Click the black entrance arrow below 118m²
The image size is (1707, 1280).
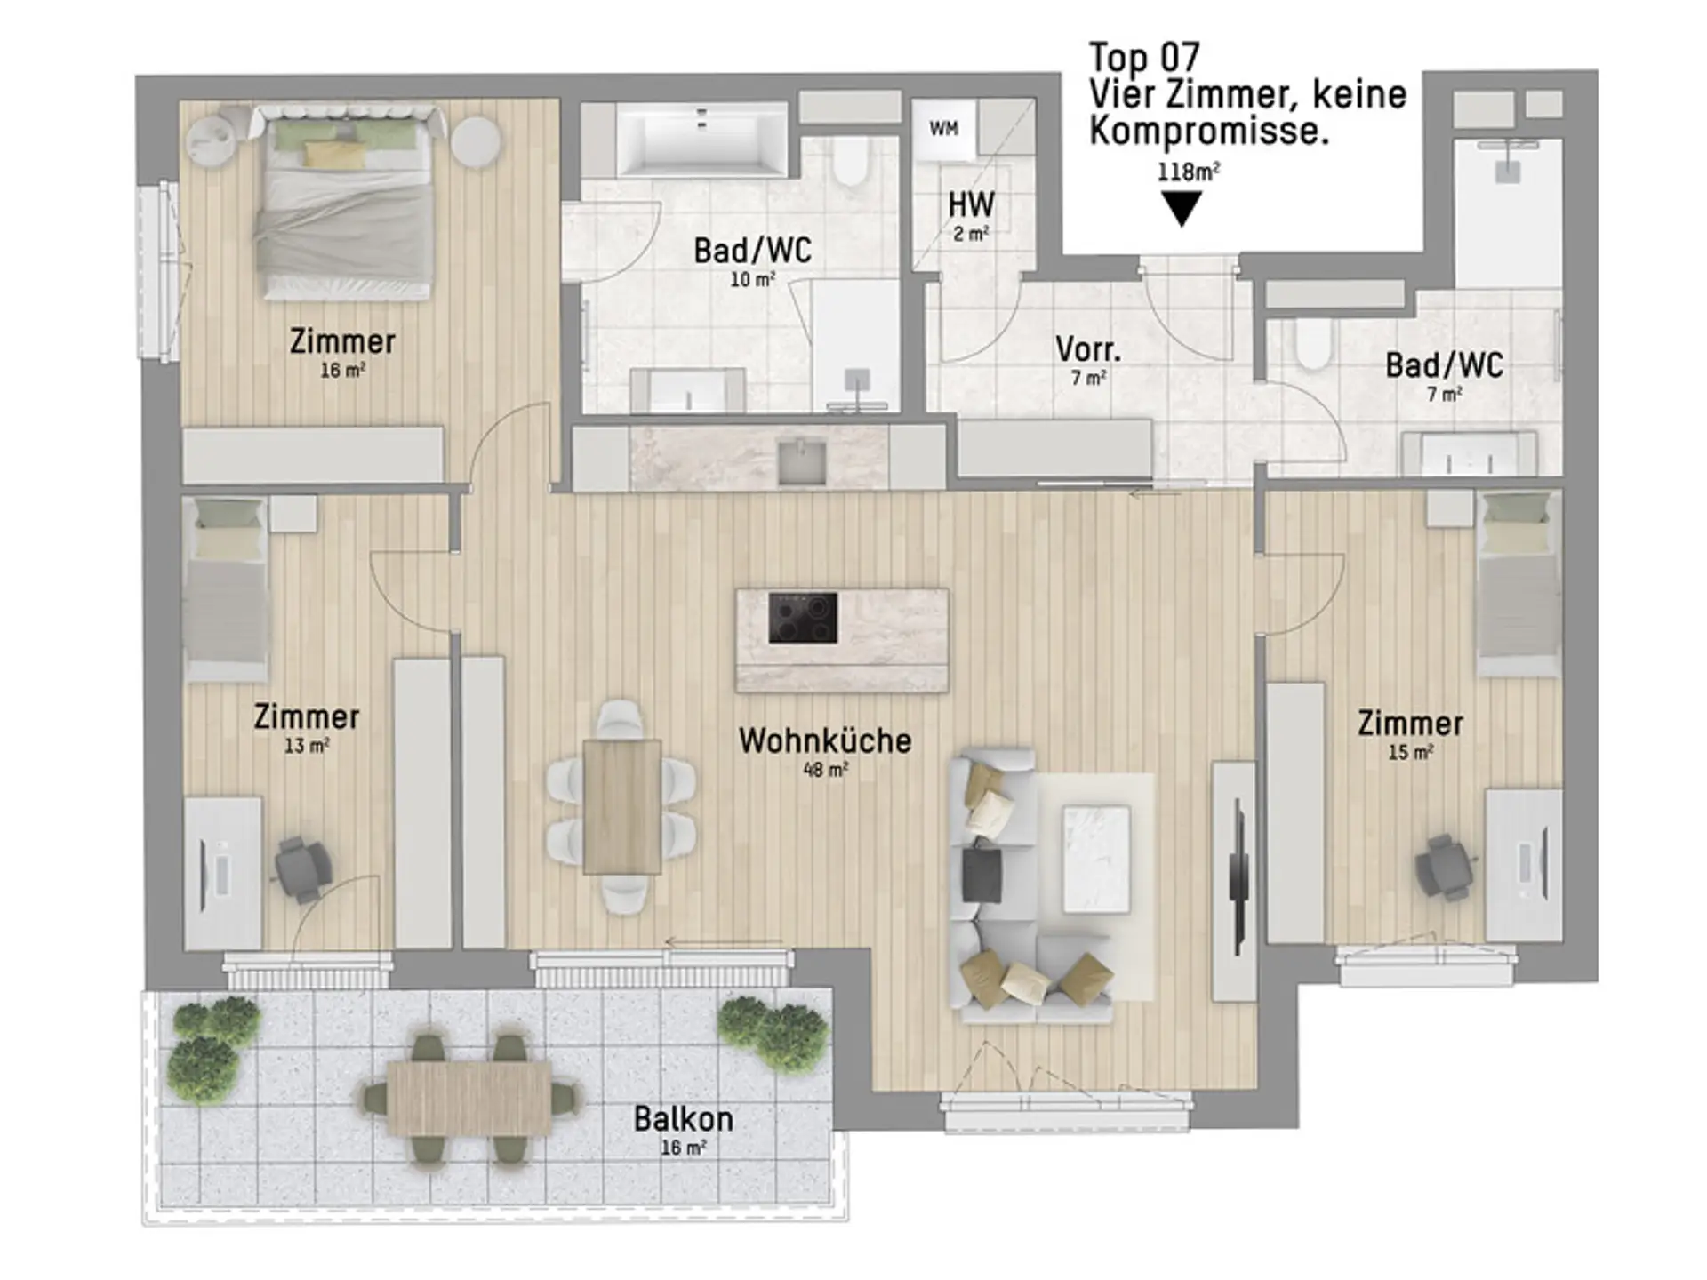pos(1182,208)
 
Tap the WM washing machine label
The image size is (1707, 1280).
pos(943,129)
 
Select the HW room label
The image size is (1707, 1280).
pos(971,205)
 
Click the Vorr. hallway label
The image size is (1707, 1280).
pos(1088,349)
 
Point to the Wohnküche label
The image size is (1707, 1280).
pos(825,740)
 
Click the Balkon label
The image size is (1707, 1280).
pos(684,1119)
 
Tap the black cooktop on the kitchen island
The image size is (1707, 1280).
pos(803,618)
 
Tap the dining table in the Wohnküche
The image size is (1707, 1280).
pos(622,807)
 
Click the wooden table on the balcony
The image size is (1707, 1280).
pos(470,1099)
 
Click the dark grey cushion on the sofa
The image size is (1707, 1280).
pos(982,872)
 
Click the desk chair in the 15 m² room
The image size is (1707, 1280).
pos(1446,866)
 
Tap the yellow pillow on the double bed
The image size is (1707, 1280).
pos(335,154)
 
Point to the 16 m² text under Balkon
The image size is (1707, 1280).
pos(684,1148)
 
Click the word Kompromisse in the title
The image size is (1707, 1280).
pos(1209,132)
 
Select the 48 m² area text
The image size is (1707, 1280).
pos(825,770)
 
